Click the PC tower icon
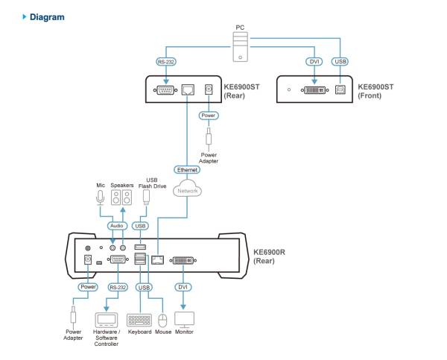pyautogui.click(x=240, y=46)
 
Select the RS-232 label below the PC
pyautogui.click(x=165, y=62)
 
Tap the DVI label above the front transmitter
pyautogui.click(x=314, y=62)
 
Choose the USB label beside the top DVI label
pyautogui.click(x=340, y=62)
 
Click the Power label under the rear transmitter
pyautogui.click(x=209, y=116)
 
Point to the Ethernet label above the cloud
pyautogui.click(x=187, y=170)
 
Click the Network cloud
pyautogui.click(x=187, y=190)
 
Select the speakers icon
pyautogui.click(x=121, y=198)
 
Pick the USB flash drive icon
pyautogui.click(x=146, y=196)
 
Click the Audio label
pyautogui.click(x=115, y=225)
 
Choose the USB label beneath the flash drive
pyautogui.click(x=140, y=225)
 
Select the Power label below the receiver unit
pyautogui.click(x=88, y=286)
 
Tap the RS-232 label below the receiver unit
pyautogui.click(x=117, y=286)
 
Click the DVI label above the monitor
pyautogui.click(x=183, y=286)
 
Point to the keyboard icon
pyautogui.click(x=139, y=319)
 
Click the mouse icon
pyautogui.click(x=163, y=320)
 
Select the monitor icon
pyautogui.click(x=184, y=319)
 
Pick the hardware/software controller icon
pyautogui.click(x=106, y=319)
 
